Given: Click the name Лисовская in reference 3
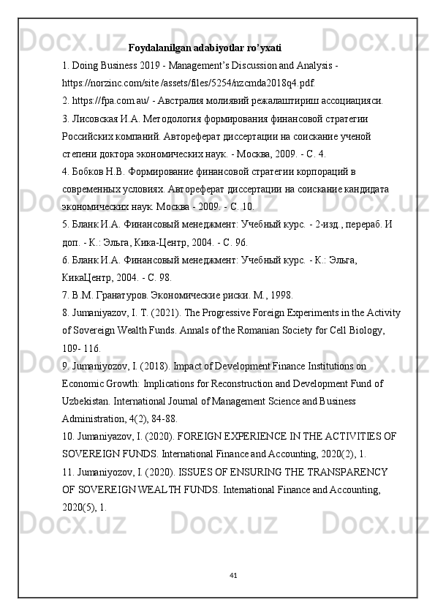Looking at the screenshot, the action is (98, 118).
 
